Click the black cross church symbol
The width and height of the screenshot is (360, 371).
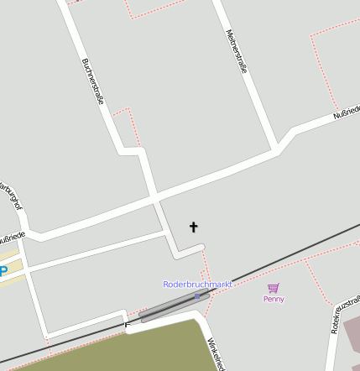194,227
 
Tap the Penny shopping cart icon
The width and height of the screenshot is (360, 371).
274,288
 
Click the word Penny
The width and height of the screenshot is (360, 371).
274,299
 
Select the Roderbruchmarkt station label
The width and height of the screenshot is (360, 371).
197,285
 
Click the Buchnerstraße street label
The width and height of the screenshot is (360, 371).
93,81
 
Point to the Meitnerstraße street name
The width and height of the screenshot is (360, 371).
237,52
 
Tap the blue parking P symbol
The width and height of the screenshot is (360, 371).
3,270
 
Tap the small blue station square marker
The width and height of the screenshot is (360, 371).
197,295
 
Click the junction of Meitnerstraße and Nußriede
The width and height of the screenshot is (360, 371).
276,149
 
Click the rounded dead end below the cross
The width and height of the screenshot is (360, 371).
200,247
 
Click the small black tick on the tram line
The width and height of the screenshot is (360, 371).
127,324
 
